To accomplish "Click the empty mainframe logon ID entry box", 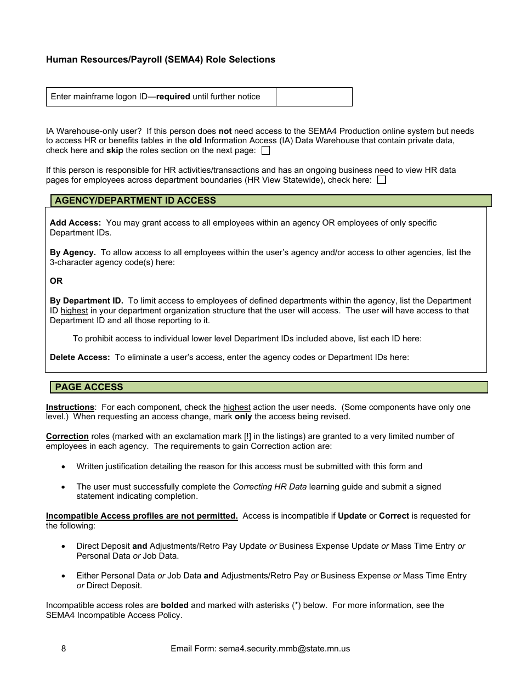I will tap(314, 97).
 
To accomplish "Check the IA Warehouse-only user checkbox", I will tap(265, 150).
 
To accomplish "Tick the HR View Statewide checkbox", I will tap(382, 180).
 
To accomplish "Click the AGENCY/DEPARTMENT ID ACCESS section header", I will tap(135, 201).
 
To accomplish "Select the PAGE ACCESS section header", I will tap(89, 387).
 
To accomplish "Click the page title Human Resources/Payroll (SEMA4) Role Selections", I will tap(161, 59).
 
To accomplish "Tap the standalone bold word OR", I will tap(56, 281).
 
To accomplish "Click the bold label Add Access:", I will tap(75, 223).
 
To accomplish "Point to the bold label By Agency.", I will tap(72, 252).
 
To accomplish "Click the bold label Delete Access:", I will tap(80, 357).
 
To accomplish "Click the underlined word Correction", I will tap(67, 436).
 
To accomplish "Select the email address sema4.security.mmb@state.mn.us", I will tap(284, 649).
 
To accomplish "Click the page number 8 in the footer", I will tap(64, 649).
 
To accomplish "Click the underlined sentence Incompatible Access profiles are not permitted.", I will tap(141, 516).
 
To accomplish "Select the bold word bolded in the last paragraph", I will tap(174, 605).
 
